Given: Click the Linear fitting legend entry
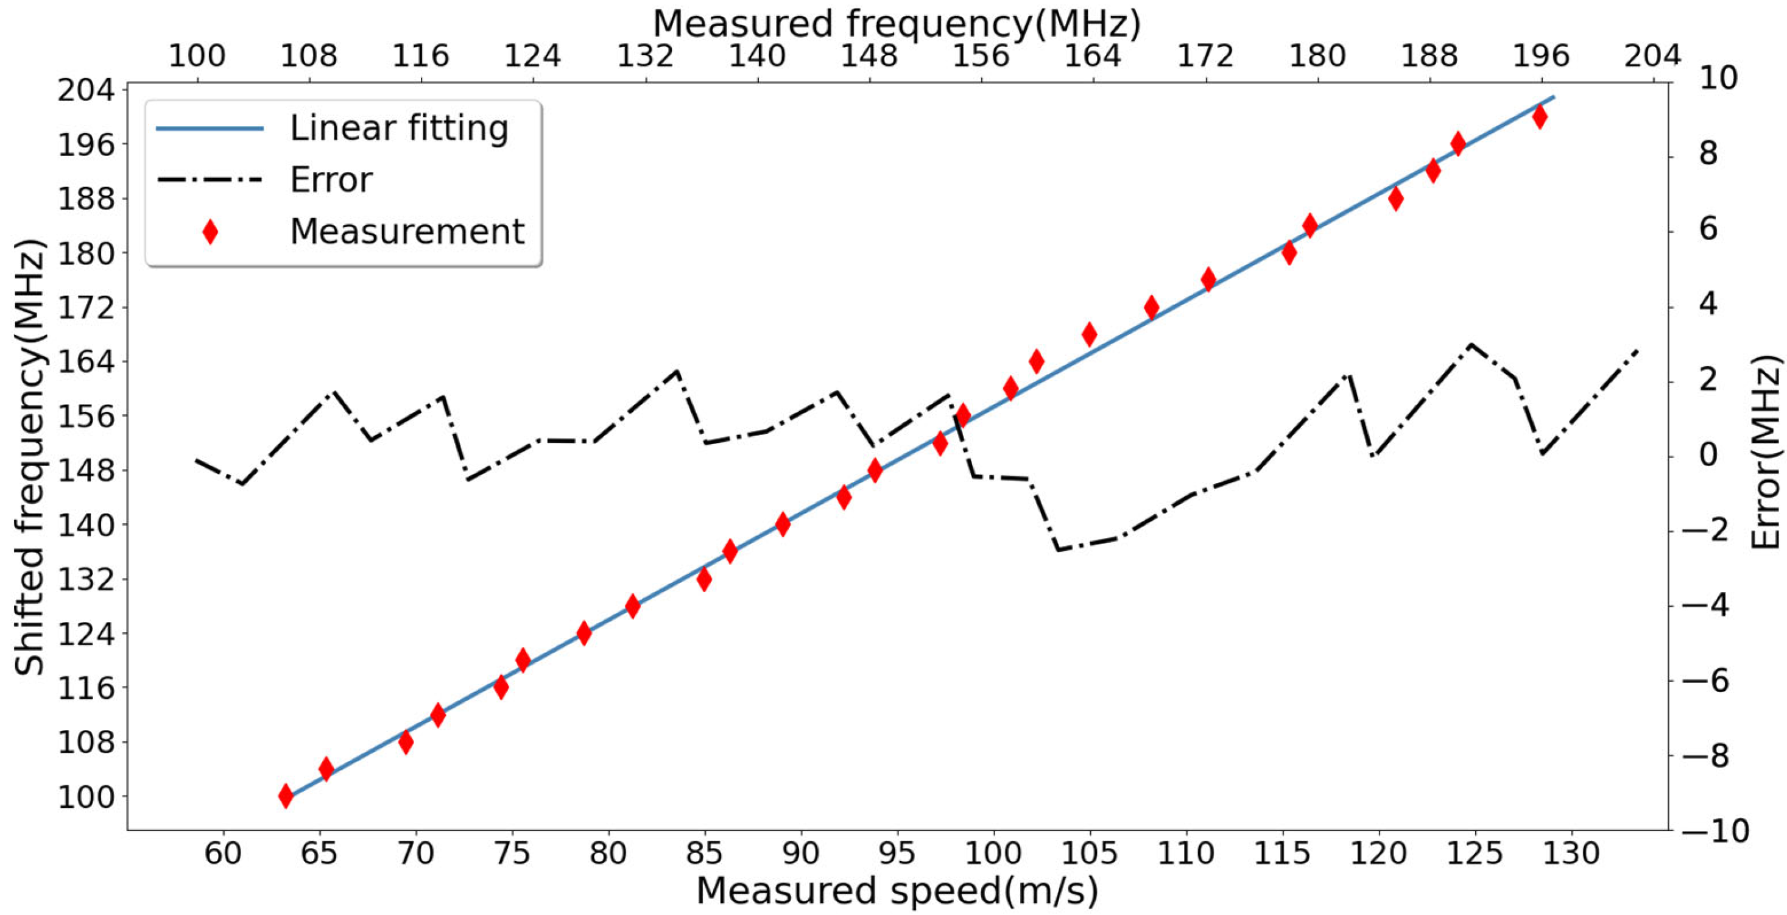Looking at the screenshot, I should click(399, 129).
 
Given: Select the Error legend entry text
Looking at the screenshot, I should click(331, 180).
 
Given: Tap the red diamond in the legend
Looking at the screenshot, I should click(210, 231).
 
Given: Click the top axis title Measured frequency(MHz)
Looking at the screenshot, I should click(897, 24).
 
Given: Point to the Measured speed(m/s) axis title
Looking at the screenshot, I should click(897, 891).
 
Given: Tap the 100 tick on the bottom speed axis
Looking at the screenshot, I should click(993, 853).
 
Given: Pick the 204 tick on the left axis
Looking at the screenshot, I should click(83, 90).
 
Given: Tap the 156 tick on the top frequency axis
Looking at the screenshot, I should click(980, 55).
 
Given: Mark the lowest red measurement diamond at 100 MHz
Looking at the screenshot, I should click(285, 796).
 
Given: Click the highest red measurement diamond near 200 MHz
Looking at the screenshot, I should click(1539, 117).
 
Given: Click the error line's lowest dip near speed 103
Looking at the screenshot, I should click(1059, 550).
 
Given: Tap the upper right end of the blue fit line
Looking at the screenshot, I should click(1554, 97).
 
